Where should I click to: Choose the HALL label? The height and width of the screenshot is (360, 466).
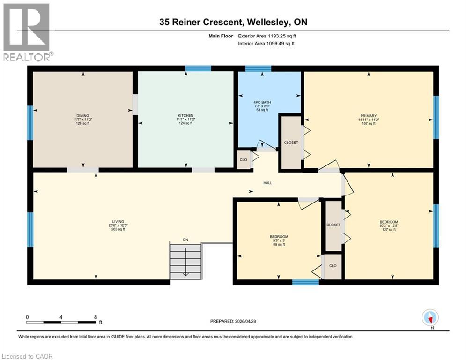(x=267, y=182)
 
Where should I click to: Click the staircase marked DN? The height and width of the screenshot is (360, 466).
(x=186, y=261)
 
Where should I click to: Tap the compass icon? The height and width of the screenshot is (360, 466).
(x=430, y=318)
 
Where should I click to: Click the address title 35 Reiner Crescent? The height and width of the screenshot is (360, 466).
(x=232, y=22)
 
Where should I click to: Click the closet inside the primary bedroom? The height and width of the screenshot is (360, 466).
(x=291, y=142)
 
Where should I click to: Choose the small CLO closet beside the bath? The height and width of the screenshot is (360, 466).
(x=243, y=159)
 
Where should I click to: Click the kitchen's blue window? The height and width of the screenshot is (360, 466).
(x=198, y=68)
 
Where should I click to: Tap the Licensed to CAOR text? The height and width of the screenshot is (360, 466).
(x=28, y=356)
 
